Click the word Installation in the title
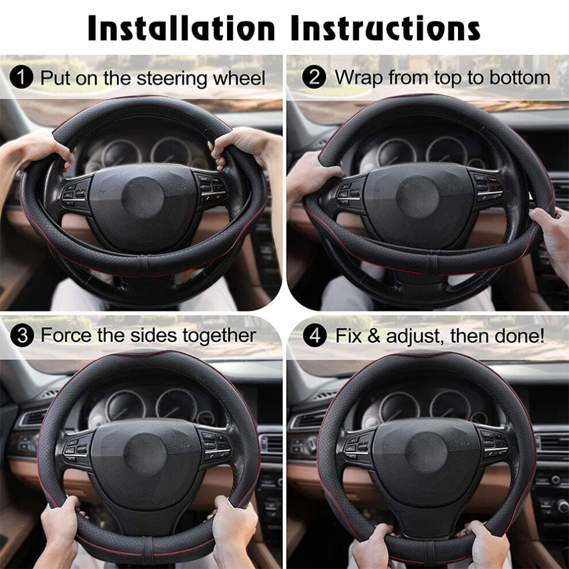(181, 28)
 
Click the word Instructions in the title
(386, 28)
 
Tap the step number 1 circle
(21, 76)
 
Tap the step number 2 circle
(314, 76)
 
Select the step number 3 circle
(22, 335)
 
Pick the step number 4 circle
(314, 335)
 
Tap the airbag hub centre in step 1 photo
(143, 198)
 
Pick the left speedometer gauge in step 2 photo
(396, 154)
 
